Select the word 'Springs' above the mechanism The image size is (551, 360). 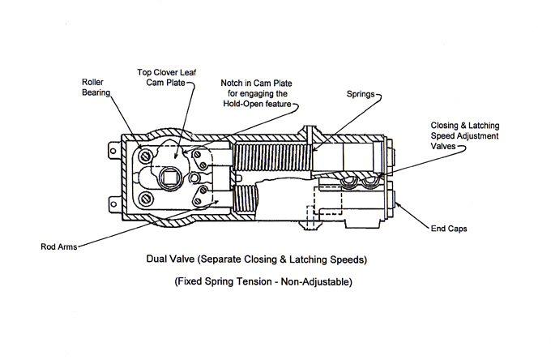point(359,96)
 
